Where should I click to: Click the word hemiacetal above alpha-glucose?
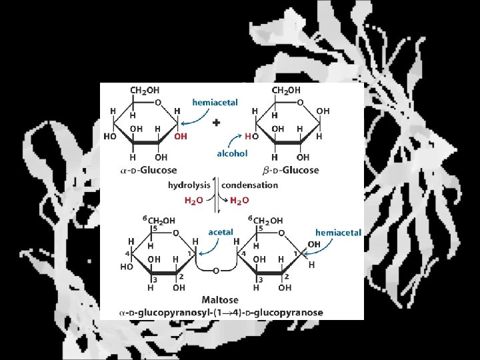tap(215, 103)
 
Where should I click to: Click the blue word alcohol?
tap(232, 153)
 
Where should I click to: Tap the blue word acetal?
tap(221, 232)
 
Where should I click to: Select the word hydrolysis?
tap(189, 185)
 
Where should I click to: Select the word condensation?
tap(250, 185)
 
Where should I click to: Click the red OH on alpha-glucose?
tap(180, 137)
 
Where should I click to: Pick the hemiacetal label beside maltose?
tap(339, 233)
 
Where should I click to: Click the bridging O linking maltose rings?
tap(217, 271)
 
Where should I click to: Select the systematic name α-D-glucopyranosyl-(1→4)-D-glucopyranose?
tap(221, 312)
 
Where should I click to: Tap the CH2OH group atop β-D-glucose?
tap(286, 89)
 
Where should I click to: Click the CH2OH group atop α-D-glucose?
tap(145, 89)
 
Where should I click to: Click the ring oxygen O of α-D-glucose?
tap(157, 102)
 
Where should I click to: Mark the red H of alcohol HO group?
tap(247, 137)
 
